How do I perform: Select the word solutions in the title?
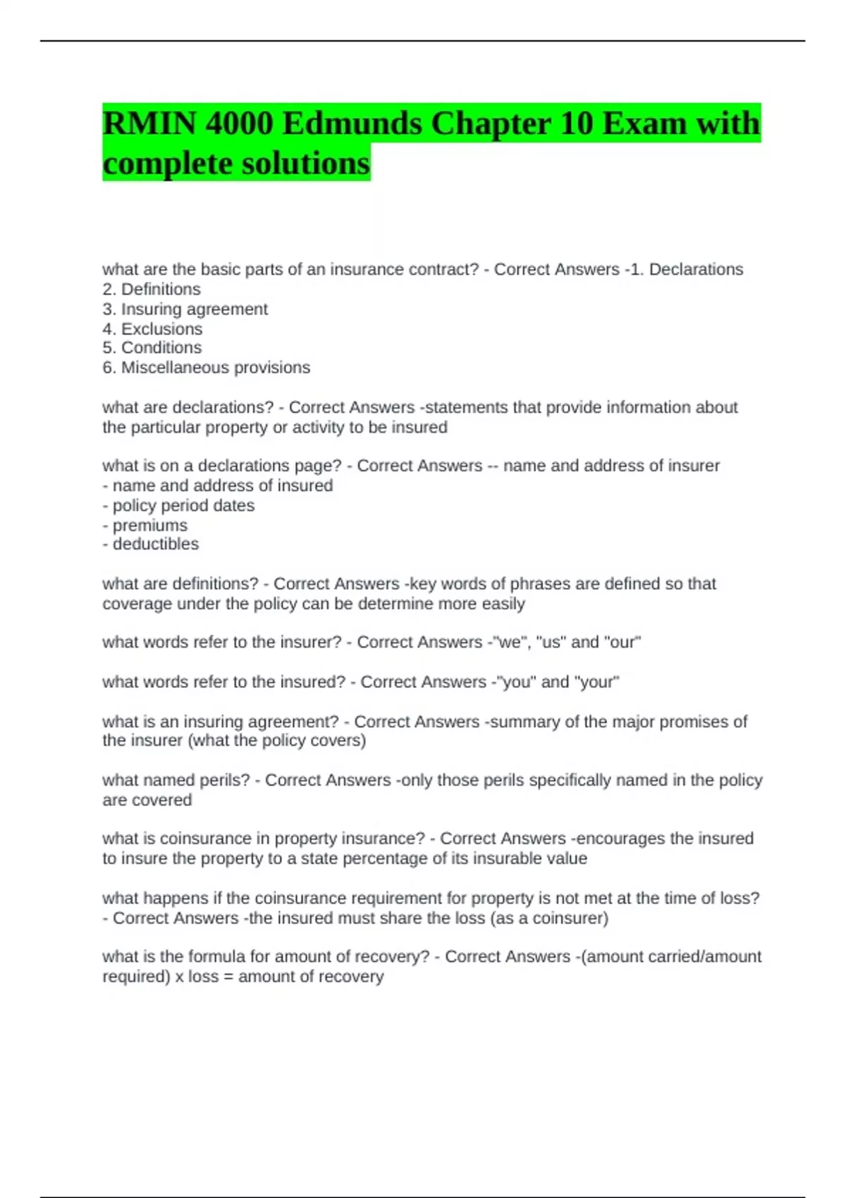pos(305,163)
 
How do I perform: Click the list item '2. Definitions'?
pos(151,289)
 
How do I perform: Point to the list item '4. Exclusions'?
pos(152,329)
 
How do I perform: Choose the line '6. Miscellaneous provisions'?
pos(206,367)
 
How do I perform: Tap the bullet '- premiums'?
pos(145,525)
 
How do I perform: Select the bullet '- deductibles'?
pos(150,544)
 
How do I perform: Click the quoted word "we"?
pos(509,642)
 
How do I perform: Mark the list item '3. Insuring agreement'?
pos(185,309)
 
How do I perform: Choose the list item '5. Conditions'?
pos(152,347)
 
